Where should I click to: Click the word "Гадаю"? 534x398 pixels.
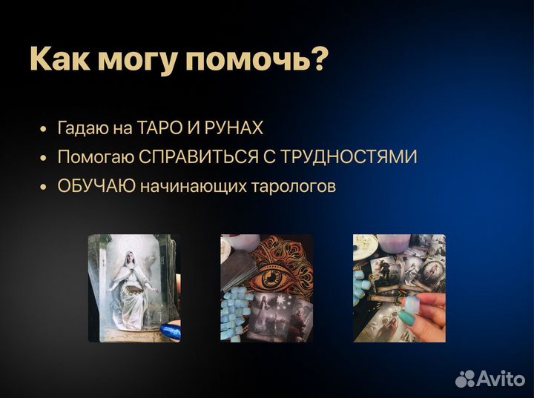tap(82, 128)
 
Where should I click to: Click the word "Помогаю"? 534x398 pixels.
tap(95, 157)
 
